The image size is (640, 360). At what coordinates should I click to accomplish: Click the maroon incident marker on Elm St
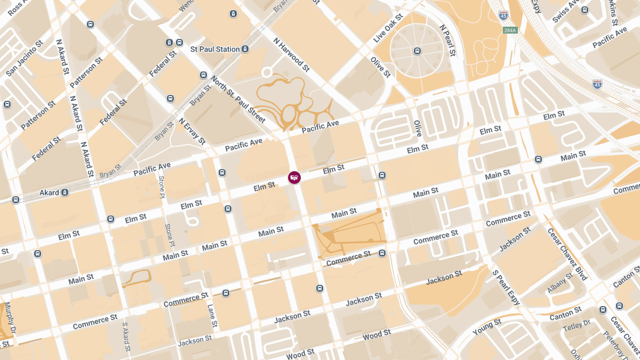pyautogui.click(x=294, y=178)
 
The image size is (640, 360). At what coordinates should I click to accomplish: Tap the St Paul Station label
pyautogui.click(x=215, y=49)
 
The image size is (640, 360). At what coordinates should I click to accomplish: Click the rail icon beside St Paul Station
pyautogui.click(x=245, y=49)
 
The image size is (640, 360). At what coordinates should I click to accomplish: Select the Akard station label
pyautogui.click(x=49, y=193)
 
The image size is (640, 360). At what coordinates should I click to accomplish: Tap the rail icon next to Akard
pyautogui.click(x=65, y=193)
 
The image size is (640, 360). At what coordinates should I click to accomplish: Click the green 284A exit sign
pyautogui.click(x=510, y=30)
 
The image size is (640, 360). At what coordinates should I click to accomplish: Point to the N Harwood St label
pyautogui.click(x=291, y=54)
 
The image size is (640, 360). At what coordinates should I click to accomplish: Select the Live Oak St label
pyautogui.click(x=387, y=30)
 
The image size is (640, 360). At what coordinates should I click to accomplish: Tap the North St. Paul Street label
pyautogui.click(x=238, y=99)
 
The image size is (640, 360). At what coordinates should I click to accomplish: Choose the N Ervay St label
pyautogui.click(x=192, y=131)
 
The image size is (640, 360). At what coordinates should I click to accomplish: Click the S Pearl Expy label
pyautogui.click(x=506, y=291)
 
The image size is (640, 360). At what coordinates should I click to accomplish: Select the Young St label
pyautogui.click(x=486, y=327)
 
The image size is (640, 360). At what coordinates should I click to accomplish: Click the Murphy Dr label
pyautogui.click(x=10, y=318)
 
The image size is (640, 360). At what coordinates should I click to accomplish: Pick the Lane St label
pyautogui.click(x=211, y=316)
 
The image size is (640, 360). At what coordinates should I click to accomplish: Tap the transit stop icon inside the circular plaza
pyautogui.click(x=417, y=51)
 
